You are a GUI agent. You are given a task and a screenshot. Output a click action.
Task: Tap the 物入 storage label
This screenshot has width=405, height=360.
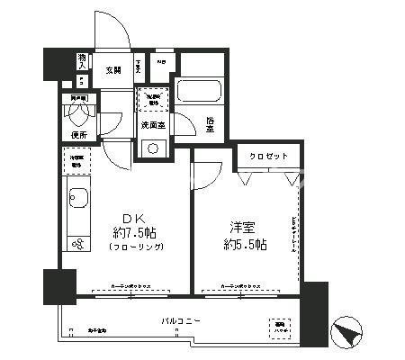click(82, 62)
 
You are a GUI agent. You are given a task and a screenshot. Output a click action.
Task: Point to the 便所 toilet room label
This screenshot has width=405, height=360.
click(78, 135)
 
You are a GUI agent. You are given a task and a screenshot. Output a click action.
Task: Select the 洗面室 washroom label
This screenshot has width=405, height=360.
click(152, 125)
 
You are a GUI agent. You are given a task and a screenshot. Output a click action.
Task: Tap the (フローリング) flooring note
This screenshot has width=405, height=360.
click(133, 246)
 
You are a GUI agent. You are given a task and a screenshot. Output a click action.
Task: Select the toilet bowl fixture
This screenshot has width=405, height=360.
click(78, 112)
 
